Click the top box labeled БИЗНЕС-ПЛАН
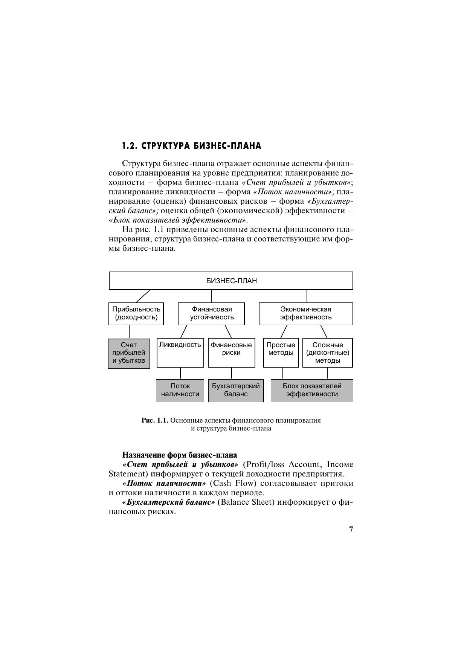231,281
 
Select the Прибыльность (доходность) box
136,313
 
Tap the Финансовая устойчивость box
211,313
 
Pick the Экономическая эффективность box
306,313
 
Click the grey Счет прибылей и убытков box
129,353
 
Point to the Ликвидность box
180,353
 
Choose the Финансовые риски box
231,353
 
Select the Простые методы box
281,353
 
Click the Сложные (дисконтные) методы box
328,353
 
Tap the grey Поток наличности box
180,390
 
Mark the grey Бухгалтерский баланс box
236,390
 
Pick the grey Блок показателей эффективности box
312,390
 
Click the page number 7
351,530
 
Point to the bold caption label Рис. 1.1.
155,420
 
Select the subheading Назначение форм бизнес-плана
180,455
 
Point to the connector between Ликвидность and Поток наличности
180,373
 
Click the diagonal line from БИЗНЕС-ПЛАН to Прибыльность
143,296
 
